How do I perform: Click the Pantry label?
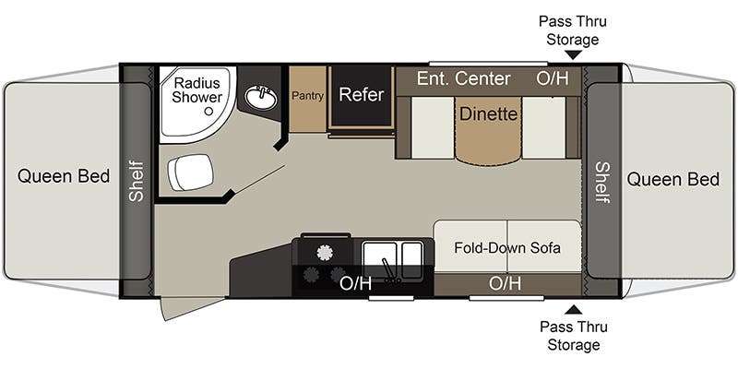click(306, 95)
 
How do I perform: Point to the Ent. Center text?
click(463, 78)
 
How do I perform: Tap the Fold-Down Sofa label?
click(507, 247)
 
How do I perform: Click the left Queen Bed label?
click(63, 177)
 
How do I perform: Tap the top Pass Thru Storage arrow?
click(574, 55)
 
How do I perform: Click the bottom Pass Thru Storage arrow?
click(574, 309)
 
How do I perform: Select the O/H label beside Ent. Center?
click(553, 78)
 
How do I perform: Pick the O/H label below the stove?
click(355, 282)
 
